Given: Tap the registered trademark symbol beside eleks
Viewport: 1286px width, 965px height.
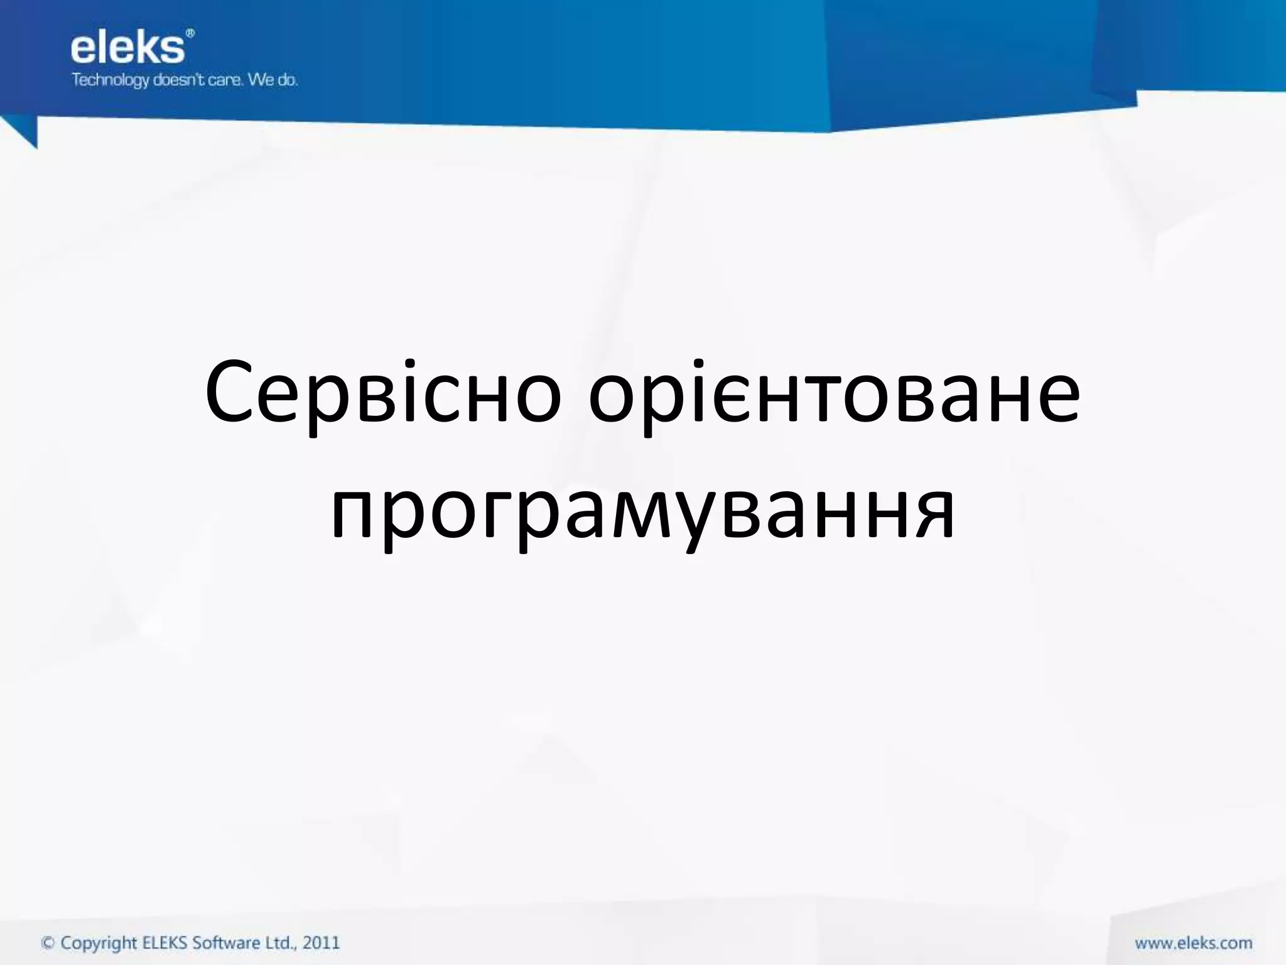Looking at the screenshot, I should pos(190,33).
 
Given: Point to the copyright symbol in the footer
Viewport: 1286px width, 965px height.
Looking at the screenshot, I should pos(48,943).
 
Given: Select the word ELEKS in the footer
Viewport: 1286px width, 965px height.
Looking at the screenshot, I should pos(165,943).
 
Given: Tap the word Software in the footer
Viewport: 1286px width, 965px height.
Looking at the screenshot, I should pos(227,943).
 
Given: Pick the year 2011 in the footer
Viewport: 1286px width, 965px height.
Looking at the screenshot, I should pos(321,943).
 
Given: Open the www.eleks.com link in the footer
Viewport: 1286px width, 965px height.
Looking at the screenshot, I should pos(1193,943).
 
